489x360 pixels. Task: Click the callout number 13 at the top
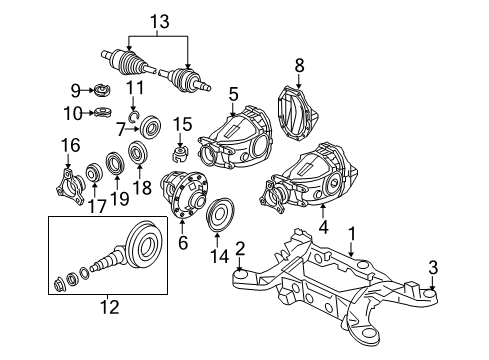tap(161, 19)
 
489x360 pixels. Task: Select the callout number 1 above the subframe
tap(351, 235)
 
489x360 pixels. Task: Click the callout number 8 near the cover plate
tap(297, 66)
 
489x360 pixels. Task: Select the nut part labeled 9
tap(102, 89)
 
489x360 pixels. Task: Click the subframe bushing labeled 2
tap(241, 276)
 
